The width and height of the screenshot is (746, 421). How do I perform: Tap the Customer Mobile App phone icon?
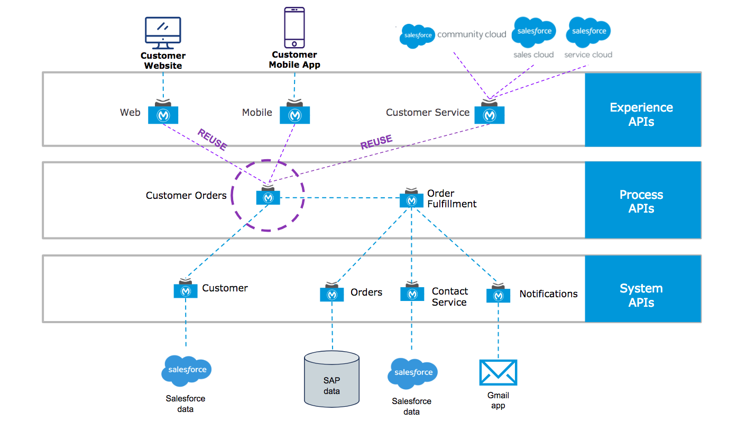pyautogui.click(x=294, y=28)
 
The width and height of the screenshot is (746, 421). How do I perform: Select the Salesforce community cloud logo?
pyautogui.click(x=417, y=35)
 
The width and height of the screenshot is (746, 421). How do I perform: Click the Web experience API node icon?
pyautogui.click(x=163, y=114)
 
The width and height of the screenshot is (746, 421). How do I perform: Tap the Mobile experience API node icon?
pyautogui.click(x=294, y=114)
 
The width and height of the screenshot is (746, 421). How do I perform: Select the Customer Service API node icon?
pyautogui.click(x=489, y=114)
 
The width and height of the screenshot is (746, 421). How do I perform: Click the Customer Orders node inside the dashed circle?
pyautogui.click(x=268, y=196)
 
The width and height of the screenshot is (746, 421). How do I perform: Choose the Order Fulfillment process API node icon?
pyautogui.click(x=411, y=199)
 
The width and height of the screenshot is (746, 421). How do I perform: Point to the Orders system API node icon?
pyautogui.click(x=332, y=293)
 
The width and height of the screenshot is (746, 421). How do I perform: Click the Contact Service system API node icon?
pyautogui.click(x=412, y=292)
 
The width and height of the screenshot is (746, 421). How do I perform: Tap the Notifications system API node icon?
pyautogui.click(x=498, y=294)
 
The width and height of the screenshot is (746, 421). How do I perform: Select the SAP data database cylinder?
pyautogui.click(x=332, y=378)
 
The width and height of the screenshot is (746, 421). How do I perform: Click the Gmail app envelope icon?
pyautogui.click(x=498, y=372)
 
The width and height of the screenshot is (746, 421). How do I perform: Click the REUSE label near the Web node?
pyautogui.click(x=212, y=139)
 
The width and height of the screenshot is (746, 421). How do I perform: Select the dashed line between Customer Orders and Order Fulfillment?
pyautogui.click(x=338, y=198)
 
